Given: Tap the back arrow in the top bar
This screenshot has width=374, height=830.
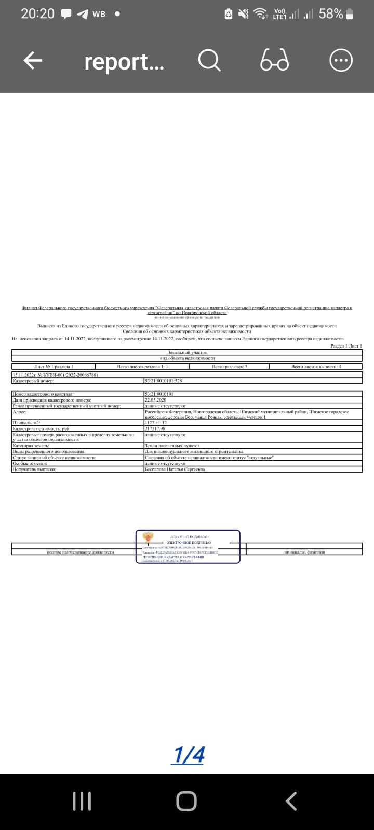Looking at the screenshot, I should [x=32, y=61].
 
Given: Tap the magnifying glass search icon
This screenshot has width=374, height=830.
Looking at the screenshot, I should [x=209, y=61].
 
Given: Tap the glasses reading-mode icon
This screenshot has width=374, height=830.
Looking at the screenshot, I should [x=274, y=61].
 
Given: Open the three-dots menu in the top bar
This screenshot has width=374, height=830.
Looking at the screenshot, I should [x=341, y=61].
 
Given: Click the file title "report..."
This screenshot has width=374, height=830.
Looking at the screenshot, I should [x=124, y=62].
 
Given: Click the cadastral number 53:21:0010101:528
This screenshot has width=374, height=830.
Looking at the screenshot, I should [x=164, y=381].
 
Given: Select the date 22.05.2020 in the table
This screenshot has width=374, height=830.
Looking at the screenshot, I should [x=156, y=400].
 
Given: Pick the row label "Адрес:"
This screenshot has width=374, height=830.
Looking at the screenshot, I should [x=19, y=412].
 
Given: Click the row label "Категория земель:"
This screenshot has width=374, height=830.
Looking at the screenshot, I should [x=31, y=446].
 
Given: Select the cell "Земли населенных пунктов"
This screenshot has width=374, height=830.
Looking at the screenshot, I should [x=172, y=446].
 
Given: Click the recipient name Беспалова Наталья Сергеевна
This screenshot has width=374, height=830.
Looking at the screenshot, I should [x=175, y=469].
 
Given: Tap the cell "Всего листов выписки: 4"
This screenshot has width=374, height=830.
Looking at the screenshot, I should [x=316, y=367].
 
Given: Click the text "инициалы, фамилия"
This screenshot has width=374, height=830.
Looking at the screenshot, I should [x=305, y=552].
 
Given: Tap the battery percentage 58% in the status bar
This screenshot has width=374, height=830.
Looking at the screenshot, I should [x=331, y=14].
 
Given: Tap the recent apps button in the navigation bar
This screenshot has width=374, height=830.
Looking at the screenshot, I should [x=82, y=801].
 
